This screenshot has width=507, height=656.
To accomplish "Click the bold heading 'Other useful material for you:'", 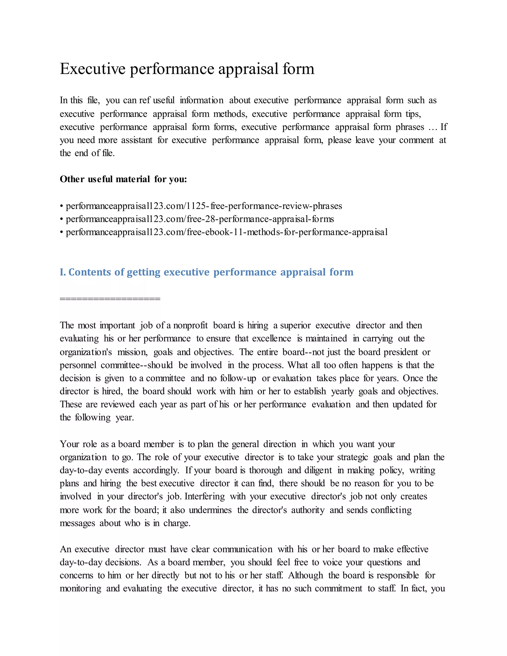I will point(123,179).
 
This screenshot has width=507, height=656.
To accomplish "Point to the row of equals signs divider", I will point(110,299).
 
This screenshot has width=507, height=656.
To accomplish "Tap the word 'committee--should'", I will point(137,365).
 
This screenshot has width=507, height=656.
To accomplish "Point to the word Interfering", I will point(204,497).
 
